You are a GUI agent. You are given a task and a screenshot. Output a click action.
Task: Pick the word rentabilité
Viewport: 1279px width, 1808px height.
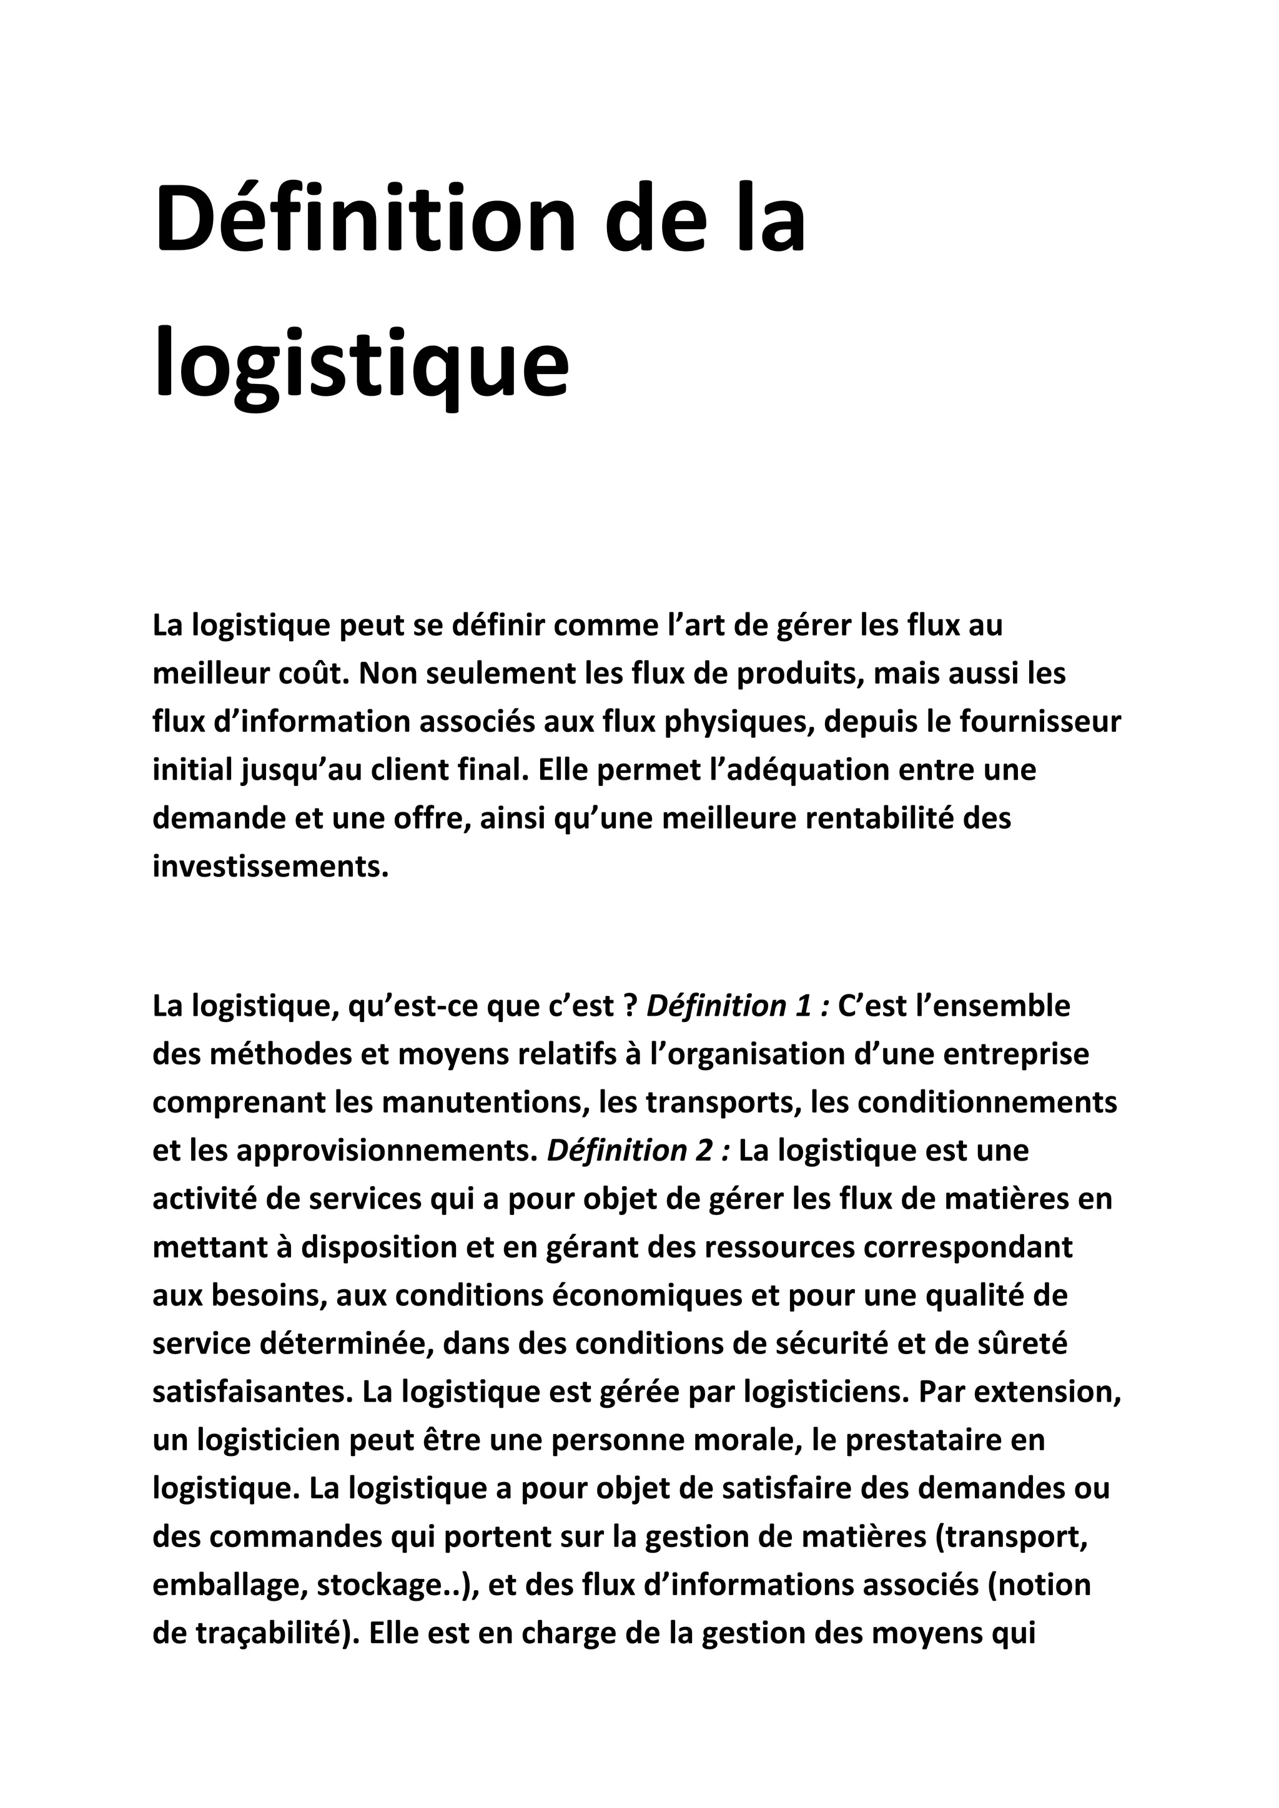(x=878, y=818)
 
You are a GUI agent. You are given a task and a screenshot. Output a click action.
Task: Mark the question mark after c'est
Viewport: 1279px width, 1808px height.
(x=630, y=1006)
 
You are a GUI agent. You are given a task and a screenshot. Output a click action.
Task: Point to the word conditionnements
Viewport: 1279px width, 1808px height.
(x=987, y=1102)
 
